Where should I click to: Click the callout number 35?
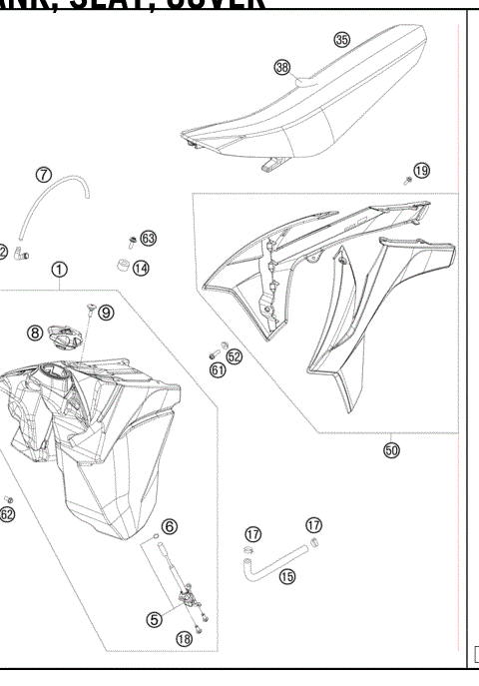[342, 40]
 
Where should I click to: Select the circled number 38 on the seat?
[282, 67]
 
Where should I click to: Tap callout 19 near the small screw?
[422, 171]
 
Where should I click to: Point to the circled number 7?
[44, 175]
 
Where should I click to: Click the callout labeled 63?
[148, 238]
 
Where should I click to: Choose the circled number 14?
[141, 268]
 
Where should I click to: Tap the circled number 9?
[106, 312]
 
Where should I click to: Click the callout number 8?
[35, 333]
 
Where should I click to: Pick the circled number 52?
[235, 355]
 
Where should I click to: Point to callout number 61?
[218, 370]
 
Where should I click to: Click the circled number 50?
[391, 450]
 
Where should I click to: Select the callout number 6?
[170, 525]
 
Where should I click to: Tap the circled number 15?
[287, 575]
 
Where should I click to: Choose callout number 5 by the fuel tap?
[154, 619]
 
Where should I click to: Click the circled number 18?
[183, 639]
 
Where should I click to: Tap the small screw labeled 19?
[407, 181]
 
